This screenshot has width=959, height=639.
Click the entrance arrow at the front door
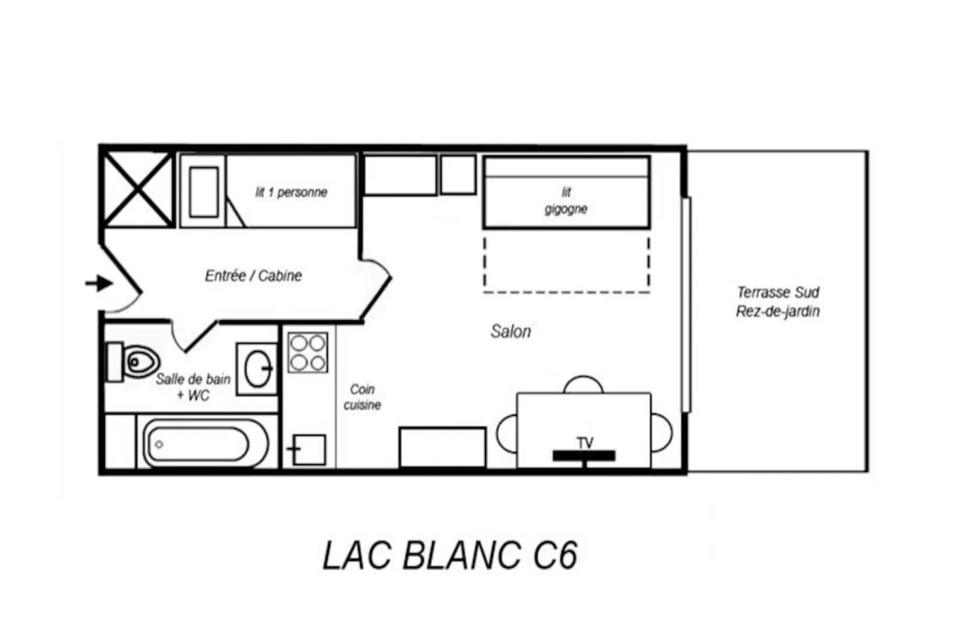click(99, 283)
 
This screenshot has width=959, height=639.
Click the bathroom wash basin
click(258, 368)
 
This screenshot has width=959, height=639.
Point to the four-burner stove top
click(308, 353)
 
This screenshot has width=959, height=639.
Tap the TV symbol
click(584, 454)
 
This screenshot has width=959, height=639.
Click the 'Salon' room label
click(511, 331)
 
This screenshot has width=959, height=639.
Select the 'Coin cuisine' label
click(362, 397)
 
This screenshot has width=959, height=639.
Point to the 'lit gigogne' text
click(565, 201)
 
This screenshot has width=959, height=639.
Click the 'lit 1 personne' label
click(291, 192)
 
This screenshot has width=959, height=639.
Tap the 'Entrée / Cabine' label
click(253, 276)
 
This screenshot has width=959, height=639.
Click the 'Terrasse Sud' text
click(777, 293)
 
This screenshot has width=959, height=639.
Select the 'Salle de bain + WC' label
click(193, 387)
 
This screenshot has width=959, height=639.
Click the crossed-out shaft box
click(138, 189)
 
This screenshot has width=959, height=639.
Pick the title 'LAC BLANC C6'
click(450, 555)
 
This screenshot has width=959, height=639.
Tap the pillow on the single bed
click(204, 192)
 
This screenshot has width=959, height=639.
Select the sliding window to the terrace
click(686, 305)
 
